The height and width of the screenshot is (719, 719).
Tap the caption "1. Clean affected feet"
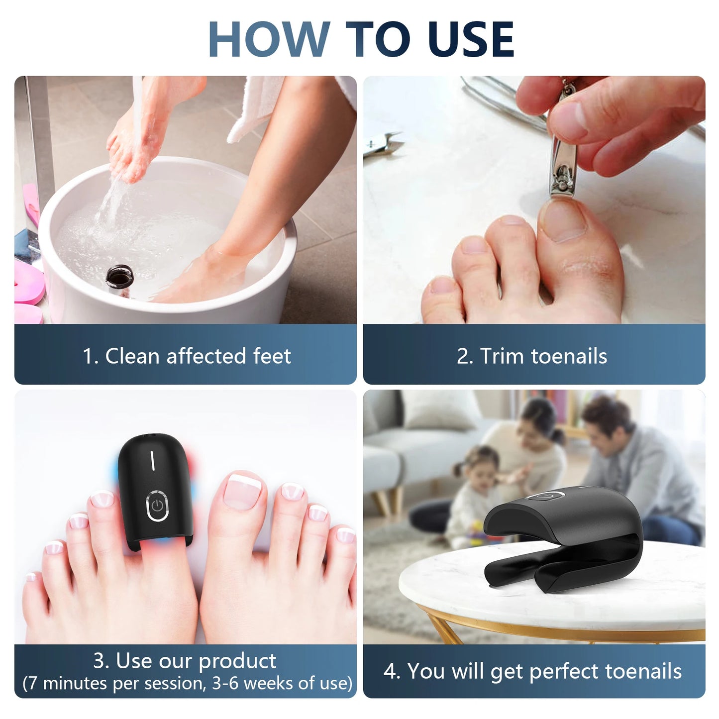187,356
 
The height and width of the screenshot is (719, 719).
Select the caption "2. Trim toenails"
532,356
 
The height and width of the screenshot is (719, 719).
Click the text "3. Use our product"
185,661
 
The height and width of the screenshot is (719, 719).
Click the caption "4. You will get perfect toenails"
532,671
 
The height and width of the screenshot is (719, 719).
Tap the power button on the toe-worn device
157,507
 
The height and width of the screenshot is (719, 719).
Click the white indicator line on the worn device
153,460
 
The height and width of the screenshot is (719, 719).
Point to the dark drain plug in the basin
118,278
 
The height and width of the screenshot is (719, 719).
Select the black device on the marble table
562,542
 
